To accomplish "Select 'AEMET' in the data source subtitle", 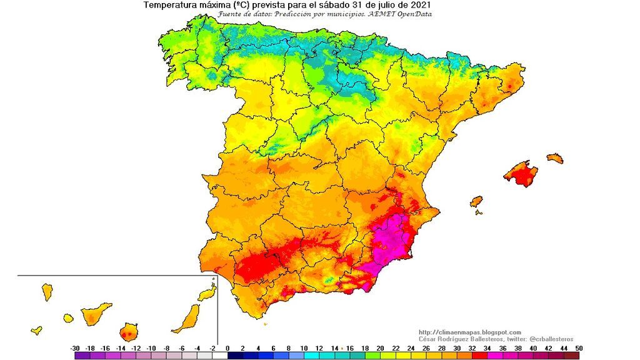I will (x=387, y=14).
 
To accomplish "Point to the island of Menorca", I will (x=555, y=159).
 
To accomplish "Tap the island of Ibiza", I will (x=476, y=202).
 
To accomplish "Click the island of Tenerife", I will (x=96, y=313).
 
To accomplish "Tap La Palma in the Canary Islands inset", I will (x=47, y=291).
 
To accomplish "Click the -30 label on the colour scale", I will (x=75, y=348).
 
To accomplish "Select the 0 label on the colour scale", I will (x=227, y=348).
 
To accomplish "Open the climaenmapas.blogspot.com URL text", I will (x=469, y=332).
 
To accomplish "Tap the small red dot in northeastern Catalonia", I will (x=510, y=86).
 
